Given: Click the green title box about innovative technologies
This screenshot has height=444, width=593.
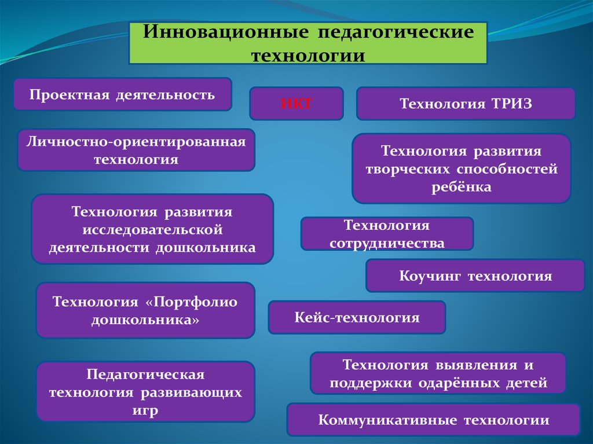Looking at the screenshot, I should click(308, 43).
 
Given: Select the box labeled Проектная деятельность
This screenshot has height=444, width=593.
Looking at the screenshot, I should click(122, 94).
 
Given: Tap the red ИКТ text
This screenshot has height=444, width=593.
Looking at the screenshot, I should click(296, 104).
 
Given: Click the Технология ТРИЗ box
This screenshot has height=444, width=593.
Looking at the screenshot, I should click(465, 104).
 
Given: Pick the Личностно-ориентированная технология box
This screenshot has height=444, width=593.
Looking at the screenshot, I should click(136, 150).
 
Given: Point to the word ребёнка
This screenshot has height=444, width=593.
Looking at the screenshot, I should click(461, 187).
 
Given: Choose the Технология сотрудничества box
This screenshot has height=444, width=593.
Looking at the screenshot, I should click(387, 234).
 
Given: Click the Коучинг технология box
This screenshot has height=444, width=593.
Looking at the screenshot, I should click(475, 276).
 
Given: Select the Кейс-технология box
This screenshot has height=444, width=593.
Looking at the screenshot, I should click(357, 317).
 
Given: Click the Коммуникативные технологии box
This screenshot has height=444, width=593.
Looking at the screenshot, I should click(433, 420).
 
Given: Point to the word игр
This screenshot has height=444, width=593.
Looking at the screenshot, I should click(145, 410).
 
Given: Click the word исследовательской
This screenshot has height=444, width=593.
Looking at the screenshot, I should click(152, 230).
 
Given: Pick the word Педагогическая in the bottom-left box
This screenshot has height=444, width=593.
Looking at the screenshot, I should click(145, 375).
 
